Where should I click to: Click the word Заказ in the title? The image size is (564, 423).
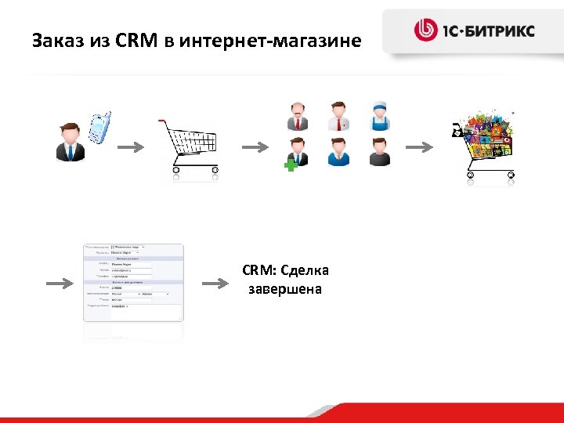click(56, 39)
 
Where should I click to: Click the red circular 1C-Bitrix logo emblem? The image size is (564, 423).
click(425, 31)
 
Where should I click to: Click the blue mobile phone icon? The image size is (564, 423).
click(99, 128)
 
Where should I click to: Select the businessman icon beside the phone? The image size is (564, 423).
click(69, 142)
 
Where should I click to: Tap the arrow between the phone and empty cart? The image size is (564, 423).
click(131, 146)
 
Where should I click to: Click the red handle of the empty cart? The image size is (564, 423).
click(161, 121)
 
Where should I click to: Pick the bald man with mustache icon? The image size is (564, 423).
click(298, 116)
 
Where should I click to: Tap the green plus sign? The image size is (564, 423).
click(291, 166)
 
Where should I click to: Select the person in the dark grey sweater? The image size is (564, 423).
click(380, 152)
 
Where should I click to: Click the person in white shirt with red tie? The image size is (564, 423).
click(338, 116)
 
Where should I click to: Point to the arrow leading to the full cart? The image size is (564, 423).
click(420, 146)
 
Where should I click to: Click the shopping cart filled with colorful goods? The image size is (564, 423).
click(485, 146)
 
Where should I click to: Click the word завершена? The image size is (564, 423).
click(285, 290)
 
